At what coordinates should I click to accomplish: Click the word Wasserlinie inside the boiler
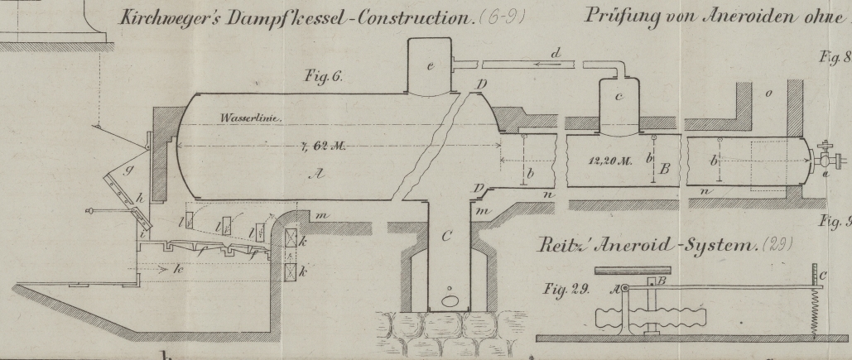251,118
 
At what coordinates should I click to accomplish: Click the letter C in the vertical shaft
447,238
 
